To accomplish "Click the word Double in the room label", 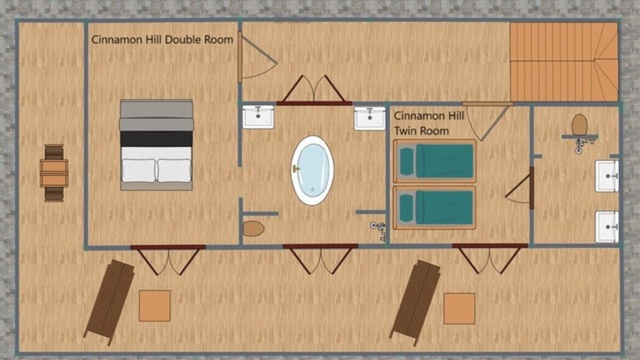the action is pyautogui.click(x=183, y=39).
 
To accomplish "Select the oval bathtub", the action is pyautogui.click(x=313, y=170).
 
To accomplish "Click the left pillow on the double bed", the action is pyautogui.click(x=139, y=170).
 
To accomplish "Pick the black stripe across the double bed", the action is pyautogui.click(x=156, y=139).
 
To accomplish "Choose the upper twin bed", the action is pyautogui.click(x=435, y=161).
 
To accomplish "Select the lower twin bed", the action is pyautogui.click(x=435, y=207).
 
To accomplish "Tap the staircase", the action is pyautogui.click(x=564, y=62).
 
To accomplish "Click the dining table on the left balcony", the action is pyautogui.click(x=54, y=173).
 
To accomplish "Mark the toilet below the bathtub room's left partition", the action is pyautogui.click(x=253, y=229).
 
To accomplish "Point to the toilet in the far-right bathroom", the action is pyautogui.click(x=579, y=125).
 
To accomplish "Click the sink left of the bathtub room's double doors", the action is pyautogui.click(x=258, y=117).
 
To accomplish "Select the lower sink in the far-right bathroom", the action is pyautogui.click(x=607, y=227).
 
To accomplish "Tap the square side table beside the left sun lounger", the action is pyautogui.click(x=155, y=306).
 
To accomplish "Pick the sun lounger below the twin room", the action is pyautogui.click(x=415, y=302).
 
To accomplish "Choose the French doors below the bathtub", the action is pyautogui.click(x=321, y=259).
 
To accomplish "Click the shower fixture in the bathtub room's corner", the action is pyautogui.click(x=379, y=230).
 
